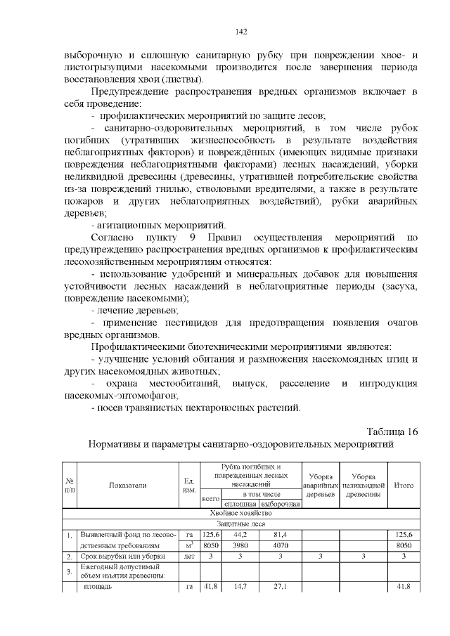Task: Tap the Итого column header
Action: (x=404, y=484)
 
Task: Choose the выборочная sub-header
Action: (x=280, y=504)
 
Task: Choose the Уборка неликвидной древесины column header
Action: (x=364, y=484)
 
